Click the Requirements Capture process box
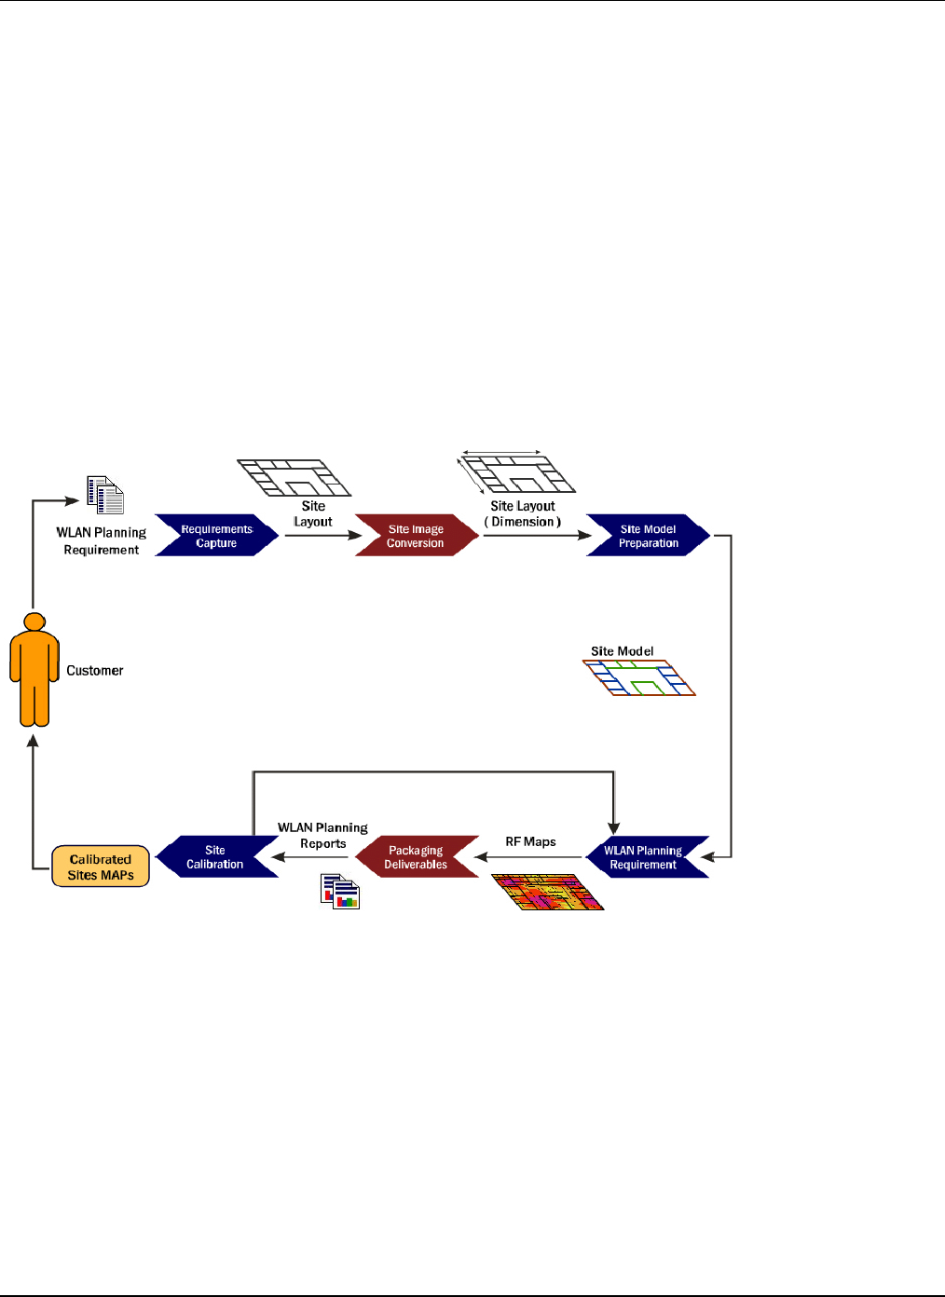pos(216,536)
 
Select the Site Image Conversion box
pos(416,536)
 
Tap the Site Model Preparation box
pos(648,536)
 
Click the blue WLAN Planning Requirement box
pos(643,857)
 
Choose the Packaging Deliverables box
pos(416,857)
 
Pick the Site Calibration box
pos(215,857)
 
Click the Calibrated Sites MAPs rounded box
pos(101,867)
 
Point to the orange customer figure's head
pos(34,621)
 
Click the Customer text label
pos(95,671)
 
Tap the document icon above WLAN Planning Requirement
pos(105,495)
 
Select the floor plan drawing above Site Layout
pos(294,477)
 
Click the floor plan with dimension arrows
pos(517,473)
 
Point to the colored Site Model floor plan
pos(640,678)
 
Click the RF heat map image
pos(548,892)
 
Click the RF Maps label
pos(530,841)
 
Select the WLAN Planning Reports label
pos(322,835)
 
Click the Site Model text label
pos(622,651)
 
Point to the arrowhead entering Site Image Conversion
pos(355,536)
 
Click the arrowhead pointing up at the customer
pos(34,741)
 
